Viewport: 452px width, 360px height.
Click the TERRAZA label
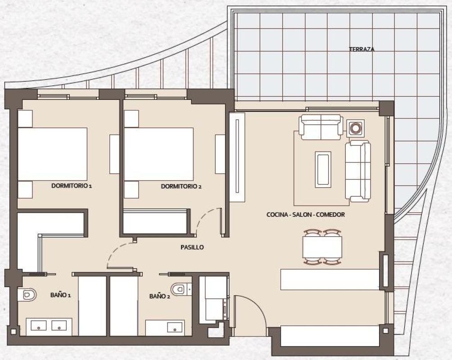point(362,49)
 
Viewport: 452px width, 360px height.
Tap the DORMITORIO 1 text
point(72,185)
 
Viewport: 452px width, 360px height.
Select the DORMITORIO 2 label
point(181,186)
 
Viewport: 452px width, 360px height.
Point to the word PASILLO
point(192,247)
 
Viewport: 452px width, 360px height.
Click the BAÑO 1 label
point(61,295)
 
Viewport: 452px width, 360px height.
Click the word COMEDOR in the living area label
point(330,215)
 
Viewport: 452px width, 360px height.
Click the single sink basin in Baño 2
point(175,327)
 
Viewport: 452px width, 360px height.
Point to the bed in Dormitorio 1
point(52,154)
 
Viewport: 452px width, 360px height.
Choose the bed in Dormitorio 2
point(158,154)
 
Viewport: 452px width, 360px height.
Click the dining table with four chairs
point(322,247)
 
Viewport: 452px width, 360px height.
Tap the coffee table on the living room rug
point(323,169)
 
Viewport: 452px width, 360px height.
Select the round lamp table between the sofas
point(355,128)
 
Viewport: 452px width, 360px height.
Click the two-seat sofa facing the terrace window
point(320,127)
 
